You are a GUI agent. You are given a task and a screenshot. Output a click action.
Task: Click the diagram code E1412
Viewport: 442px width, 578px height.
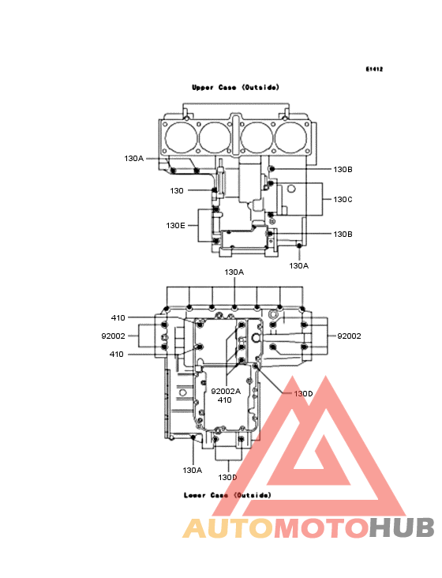(374, 69)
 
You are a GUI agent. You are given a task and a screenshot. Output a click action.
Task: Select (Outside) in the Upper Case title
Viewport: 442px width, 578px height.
(260, 88)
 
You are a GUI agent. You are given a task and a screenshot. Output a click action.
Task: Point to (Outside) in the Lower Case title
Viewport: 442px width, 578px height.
(253, 495)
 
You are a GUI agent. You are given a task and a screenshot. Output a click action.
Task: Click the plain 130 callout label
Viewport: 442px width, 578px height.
(177, 190)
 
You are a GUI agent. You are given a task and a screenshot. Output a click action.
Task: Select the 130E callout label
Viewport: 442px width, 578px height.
(175, 225)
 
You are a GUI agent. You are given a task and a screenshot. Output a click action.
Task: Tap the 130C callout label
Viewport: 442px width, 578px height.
(343, 200)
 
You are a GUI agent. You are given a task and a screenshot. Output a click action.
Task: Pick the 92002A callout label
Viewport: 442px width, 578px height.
(226, 391)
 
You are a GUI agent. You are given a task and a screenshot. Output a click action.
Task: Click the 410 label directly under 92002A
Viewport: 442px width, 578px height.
(225, 400)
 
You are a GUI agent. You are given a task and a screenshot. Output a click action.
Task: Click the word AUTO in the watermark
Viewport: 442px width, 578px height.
(227, 528)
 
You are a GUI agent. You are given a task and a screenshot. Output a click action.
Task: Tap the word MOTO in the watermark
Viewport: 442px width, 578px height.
(321, 528)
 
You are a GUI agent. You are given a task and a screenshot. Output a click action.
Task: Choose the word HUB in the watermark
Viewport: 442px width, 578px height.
(403, 528)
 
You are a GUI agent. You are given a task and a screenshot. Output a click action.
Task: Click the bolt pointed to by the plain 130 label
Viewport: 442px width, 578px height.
(214, 190)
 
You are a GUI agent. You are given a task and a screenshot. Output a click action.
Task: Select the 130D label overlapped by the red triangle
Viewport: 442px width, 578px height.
(303, 394)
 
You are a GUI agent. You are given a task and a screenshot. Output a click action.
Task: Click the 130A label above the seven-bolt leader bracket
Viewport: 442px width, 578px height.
(234, 272)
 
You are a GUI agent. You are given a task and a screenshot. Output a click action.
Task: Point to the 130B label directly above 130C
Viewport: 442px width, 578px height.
(343, 169)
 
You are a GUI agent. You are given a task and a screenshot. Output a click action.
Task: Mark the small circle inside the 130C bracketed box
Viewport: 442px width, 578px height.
(291, 189)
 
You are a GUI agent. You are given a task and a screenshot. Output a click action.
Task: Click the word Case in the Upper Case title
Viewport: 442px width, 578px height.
(227, 88)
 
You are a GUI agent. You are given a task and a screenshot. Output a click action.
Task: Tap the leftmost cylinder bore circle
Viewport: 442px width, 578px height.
(182, 137)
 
